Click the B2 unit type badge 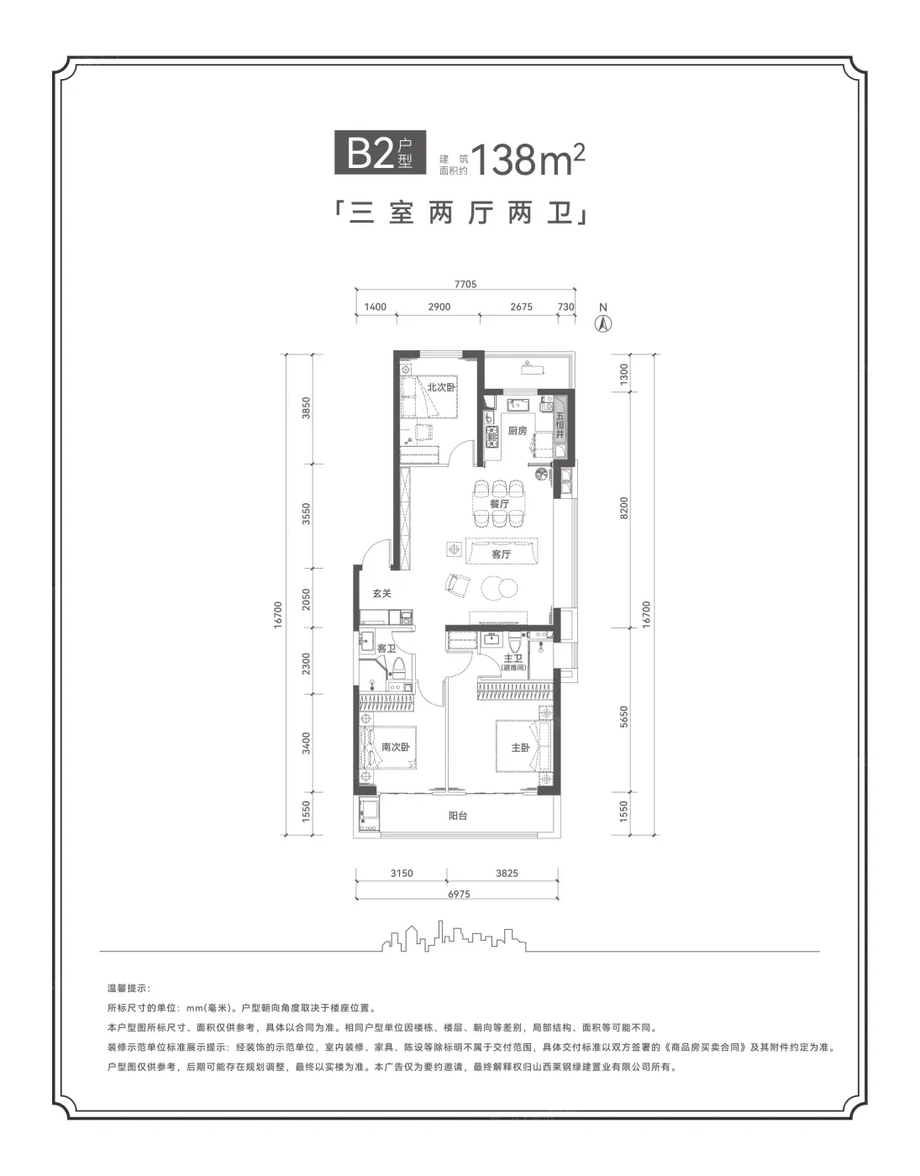tap(380, 153)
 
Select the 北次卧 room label tap(442, 386)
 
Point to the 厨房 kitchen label tap(517, 431)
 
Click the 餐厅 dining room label tap(500, 503)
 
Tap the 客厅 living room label tap(501, 554)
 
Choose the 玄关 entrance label tap(381, 593)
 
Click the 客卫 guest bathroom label tap(386, 648)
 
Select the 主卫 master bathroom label tap(513, 658)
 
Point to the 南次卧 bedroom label tap(396, 747)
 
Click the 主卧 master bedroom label tap(521, 748)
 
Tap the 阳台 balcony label tap(458, 816)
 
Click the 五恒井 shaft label tap(560, 425)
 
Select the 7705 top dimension tap(465, 284)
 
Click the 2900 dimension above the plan tap(439, 307)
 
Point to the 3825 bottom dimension tap(507, 873)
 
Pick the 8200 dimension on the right tap(624, 507)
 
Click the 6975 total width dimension tap(459, 894)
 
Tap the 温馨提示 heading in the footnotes tap(128, 988)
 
